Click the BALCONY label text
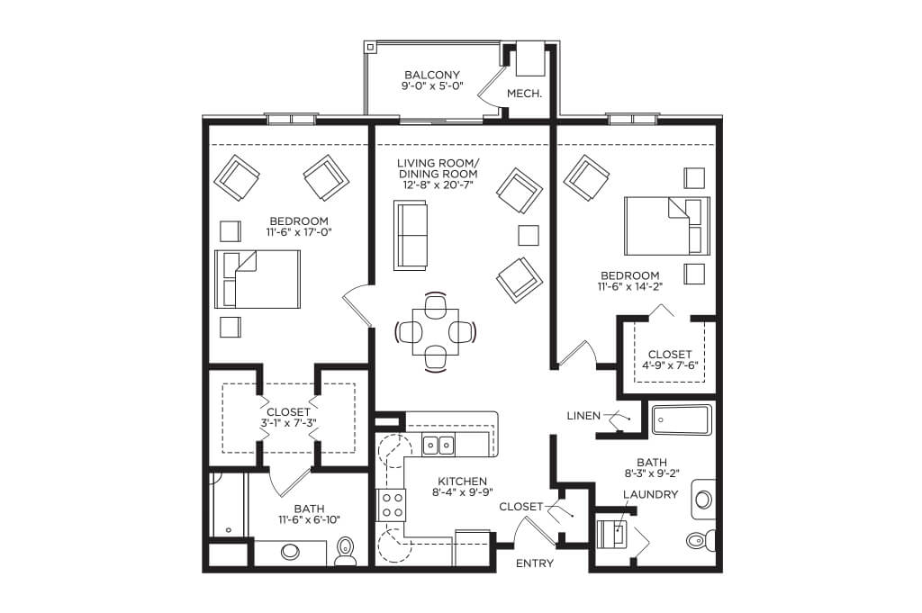pos(432,76)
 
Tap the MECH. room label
pos(524,94)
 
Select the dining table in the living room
pos(436,332)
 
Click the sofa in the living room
pos(411,236)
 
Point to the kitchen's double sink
pos(438,446)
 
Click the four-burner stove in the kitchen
pos(392,505)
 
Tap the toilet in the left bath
pos(345,551)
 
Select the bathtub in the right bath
pos(682,419)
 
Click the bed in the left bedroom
pos(258,279)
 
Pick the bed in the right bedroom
pos(667,226)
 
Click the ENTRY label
pos(535,563)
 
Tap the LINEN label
pos(583,416)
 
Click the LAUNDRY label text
pos(650,494)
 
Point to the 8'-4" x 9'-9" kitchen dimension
pos(462,492)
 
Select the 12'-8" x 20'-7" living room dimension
pos(438,185)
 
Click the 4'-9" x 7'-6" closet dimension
pos(670,365)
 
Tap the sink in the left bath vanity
pos(289,552)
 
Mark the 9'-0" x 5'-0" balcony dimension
pos(432,86)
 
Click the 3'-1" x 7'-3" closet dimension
pos(288,422)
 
